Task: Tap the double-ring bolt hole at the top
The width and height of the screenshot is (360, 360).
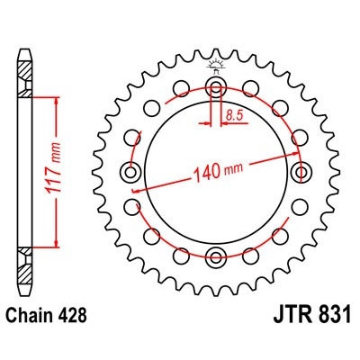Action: point(216,87)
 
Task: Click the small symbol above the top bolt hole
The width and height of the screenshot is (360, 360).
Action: point(216,66)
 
